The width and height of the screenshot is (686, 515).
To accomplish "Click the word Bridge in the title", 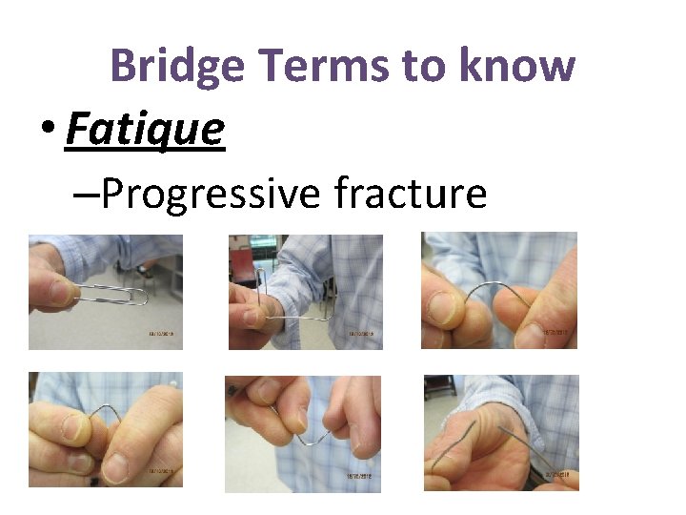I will click(178, 67).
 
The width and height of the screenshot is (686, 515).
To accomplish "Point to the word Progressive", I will click(211, 194).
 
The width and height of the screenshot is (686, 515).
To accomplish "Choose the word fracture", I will click(411, 194).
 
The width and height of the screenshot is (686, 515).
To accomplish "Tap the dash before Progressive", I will click(83, 196).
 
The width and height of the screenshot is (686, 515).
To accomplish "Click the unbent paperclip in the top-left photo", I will click(111, 297).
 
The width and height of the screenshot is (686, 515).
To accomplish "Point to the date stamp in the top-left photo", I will click(163, 335).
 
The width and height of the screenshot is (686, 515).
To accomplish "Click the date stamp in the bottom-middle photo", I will click(361, 476).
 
